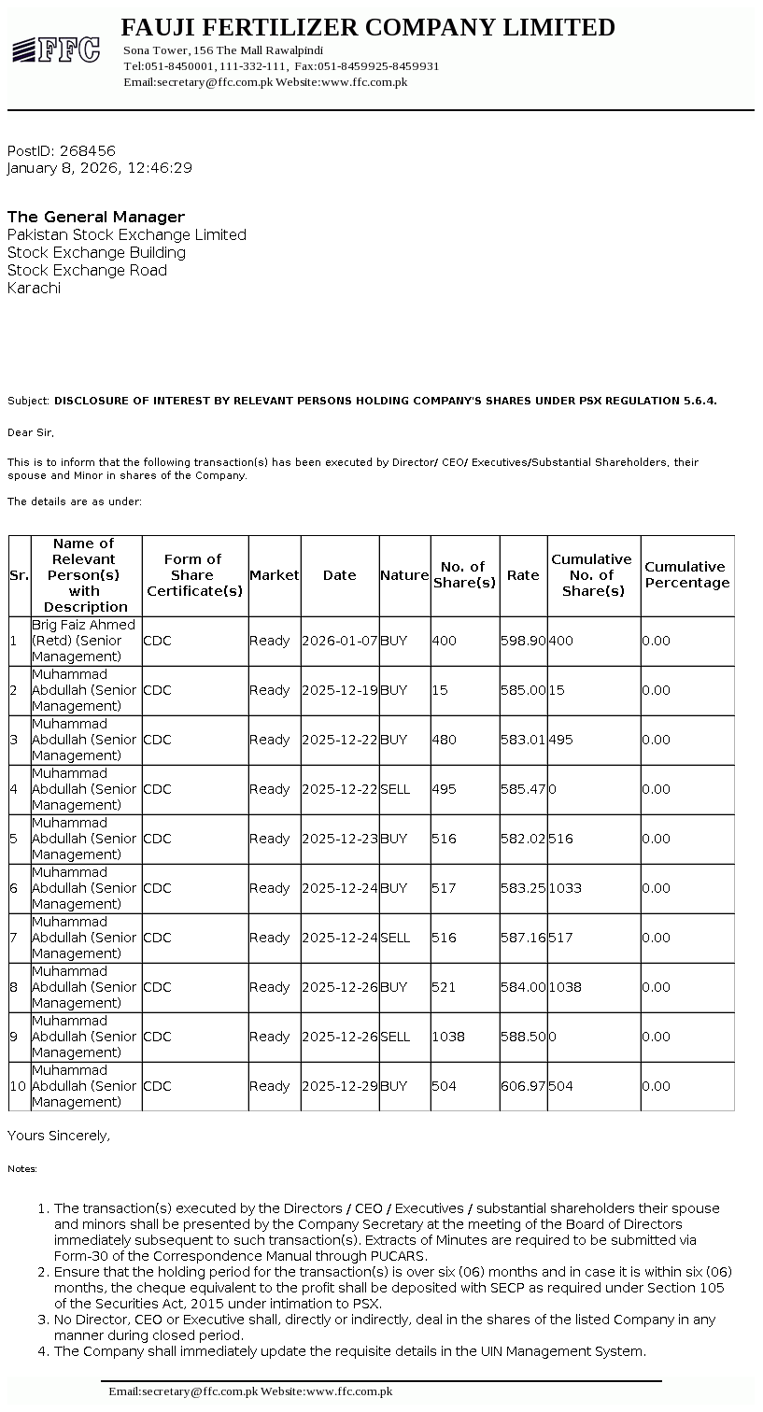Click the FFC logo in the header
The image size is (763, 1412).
56,50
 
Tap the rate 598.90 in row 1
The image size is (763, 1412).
523,642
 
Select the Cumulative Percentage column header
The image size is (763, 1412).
686,575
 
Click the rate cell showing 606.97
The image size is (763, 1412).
523,1086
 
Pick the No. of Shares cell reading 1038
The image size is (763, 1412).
448,1037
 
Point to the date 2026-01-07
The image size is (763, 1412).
340,642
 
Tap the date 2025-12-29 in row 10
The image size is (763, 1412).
340,1086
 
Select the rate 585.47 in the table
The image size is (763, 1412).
523,789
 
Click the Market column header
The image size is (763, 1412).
274,575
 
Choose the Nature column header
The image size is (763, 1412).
404,575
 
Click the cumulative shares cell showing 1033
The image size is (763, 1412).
565,888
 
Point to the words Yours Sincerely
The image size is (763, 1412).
59,1136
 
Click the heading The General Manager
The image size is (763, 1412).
96,217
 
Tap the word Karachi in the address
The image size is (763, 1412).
35,289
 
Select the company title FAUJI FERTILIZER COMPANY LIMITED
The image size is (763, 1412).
368,28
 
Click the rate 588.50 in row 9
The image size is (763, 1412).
523,1037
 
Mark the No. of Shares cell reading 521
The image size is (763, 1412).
445,987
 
